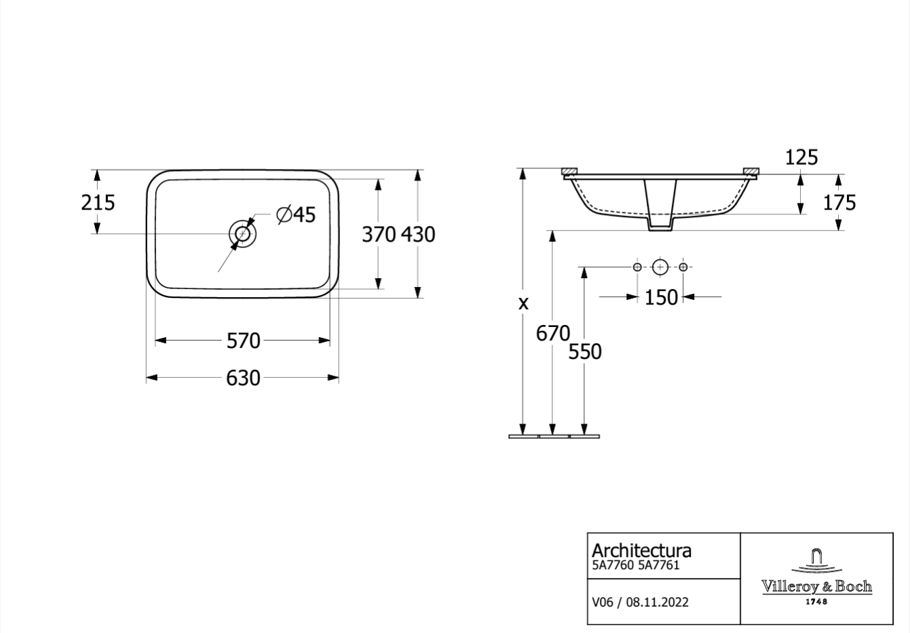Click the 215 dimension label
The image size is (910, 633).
(x=98, y=202)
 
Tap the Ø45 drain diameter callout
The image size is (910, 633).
(x=296, y=214)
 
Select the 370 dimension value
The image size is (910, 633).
(x=379, y=235)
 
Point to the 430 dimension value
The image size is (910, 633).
(x=418, y=235)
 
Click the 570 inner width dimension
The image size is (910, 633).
(x=243, y=341)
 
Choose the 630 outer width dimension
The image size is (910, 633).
(x=243, y=379)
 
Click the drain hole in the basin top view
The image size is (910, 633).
(x=242, y=233)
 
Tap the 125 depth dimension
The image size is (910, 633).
(x=801, y=157)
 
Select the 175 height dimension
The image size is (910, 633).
(x=839, y=203)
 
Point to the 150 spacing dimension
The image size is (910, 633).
(x=661, y=297)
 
